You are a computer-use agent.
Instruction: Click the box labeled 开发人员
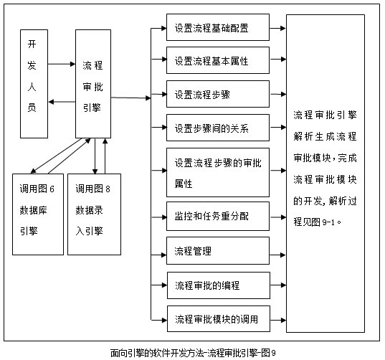pos(34,84)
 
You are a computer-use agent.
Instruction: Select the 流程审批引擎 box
pos(93,84)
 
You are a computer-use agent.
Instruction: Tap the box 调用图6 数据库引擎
pos(38,214)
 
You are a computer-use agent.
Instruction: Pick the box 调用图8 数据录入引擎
pos(95,214)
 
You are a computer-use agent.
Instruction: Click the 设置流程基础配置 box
pos(218,27)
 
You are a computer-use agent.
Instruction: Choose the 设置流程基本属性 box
pos(218,60)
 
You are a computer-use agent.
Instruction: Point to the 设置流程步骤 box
pos(218,94)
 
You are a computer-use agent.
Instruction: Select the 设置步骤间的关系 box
pos(218,128)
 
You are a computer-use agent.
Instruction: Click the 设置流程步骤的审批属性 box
pos(218,172)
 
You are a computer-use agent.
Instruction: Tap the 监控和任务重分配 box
pos(218,216)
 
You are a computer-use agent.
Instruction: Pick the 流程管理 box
pos(218,250)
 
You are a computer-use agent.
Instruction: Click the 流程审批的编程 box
pos(219,285)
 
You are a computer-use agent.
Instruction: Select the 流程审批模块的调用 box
pos(219,318)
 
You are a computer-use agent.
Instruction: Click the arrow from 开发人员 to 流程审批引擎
pos(62,64)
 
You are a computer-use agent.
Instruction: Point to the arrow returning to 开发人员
pos(62,102)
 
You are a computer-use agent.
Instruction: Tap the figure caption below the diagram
pos(193,353)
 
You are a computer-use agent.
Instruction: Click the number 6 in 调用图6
pos(52,189)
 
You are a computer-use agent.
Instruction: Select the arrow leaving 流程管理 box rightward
pos(277,255)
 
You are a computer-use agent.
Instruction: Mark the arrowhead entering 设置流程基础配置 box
pos(164,28)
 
